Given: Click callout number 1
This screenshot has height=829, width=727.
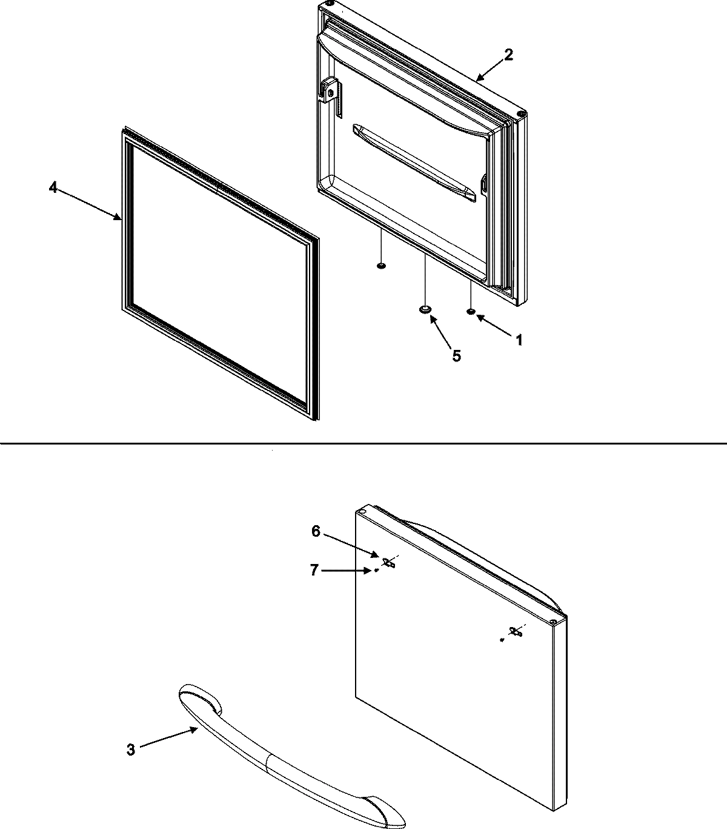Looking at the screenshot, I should (518, 340).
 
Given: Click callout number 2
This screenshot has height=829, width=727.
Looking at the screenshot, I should (508, 55).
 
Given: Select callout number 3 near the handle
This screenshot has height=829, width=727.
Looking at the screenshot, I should (131, 750).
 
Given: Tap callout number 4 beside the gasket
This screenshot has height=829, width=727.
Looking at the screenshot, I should (53, 188).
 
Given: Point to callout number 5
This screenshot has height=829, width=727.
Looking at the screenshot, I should (456, 355).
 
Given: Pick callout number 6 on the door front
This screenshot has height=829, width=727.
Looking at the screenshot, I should (316, 531).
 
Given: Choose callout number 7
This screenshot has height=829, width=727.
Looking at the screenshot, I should (314, 570).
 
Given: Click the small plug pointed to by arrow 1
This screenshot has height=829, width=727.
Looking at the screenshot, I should (471, 312).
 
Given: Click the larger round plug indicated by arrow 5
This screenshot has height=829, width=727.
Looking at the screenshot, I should (425, 309).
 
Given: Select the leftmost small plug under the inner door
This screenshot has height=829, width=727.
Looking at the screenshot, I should (380, 265).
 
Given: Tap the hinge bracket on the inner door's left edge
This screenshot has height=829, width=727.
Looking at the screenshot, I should (330, 90).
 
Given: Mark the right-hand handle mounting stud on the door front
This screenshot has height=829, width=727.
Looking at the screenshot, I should (516, 632).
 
